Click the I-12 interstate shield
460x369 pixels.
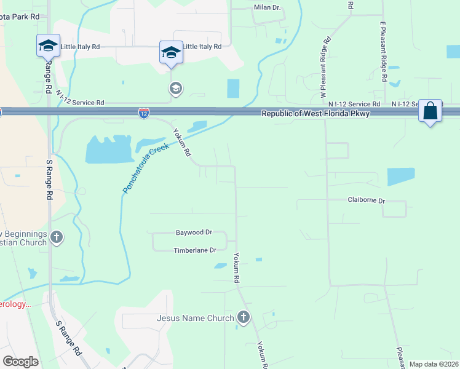click(x=143, y=113)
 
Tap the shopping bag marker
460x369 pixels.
click(x=430, y=111)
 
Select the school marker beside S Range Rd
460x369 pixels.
click(x=48, y=46)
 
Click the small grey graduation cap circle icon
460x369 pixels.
click(x=176, y=89)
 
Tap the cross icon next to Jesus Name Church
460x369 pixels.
click(x=244, y=318)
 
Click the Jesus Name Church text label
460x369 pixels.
click(x=196, y=318)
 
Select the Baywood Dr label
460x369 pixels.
click(x=194, y=232)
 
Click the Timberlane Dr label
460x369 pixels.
click(x=195, y=250)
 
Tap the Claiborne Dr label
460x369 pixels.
click(x=366, y=200)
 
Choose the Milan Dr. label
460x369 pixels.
click(x=267, y=7)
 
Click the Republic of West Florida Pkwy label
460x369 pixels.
click(x=315, y=114)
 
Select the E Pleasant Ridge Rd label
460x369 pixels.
click(x=383, y=52)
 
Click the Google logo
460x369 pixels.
click(x=20, y=362)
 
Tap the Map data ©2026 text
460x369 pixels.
click(x=434, y=364)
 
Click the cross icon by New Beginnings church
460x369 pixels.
click(x=57, y=237)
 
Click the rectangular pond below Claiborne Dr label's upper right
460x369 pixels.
click(x=400, y=177)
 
